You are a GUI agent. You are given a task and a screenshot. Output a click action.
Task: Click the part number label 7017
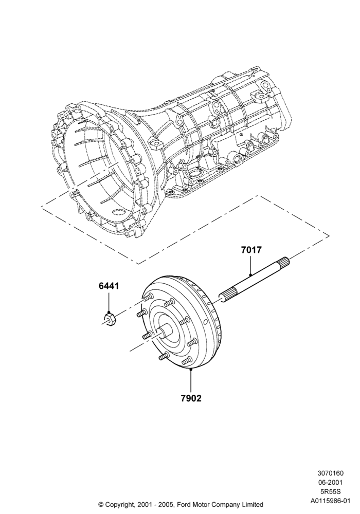click(x=251, y=250)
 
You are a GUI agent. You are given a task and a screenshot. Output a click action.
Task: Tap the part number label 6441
click(x=109, y=286)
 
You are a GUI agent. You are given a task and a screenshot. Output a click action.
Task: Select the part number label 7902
click(x=191, y=398)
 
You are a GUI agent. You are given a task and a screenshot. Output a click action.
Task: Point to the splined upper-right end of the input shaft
click(x=284, y=263)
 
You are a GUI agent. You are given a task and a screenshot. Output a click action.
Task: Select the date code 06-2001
click(x=332, y=483)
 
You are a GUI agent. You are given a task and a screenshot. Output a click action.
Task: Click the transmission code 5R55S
click(x=333, y=492)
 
